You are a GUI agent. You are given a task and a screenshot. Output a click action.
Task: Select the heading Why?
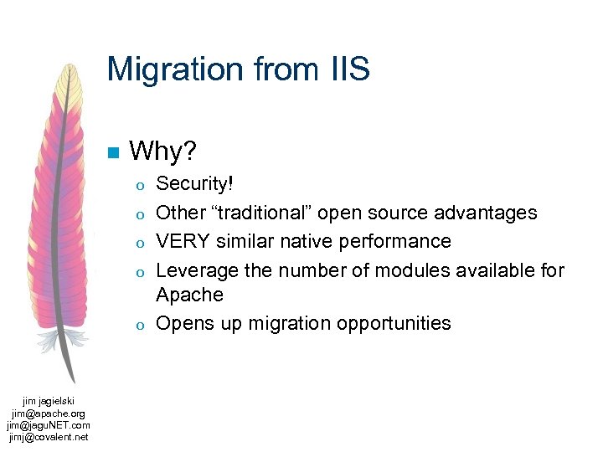[x=163, y=152]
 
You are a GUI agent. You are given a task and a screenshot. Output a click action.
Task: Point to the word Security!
[x=194, y=184]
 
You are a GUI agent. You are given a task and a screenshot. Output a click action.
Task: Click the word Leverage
[x=195, y=270]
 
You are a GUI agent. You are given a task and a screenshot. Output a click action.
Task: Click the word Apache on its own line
[x=190, y=295]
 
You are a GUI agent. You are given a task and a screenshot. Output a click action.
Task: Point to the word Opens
[x=183, y=323]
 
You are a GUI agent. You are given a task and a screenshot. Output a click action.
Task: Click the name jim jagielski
[x=49, y=402]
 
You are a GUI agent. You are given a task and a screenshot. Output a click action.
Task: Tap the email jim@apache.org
[x=49, y=413]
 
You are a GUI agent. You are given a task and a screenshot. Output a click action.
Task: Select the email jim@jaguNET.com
[x=49, y=425]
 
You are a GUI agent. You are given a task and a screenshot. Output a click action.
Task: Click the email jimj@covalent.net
[x=49, y=437]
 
